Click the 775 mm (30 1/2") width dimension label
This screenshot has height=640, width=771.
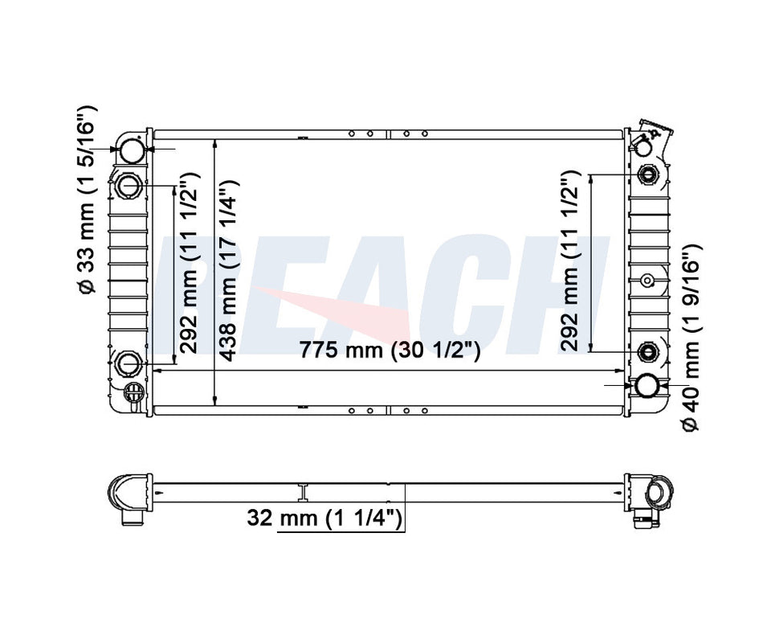(x=390, y=350)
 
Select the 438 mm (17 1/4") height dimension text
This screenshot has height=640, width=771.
(x=229, y=270)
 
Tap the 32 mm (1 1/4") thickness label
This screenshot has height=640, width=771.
(x=324, y=518)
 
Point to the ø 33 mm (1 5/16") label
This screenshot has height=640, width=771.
(x=88, y=200)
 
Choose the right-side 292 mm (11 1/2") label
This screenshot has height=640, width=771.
(x=569, y=261)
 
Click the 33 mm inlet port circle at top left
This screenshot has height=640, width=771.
(x=133, y=150)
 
